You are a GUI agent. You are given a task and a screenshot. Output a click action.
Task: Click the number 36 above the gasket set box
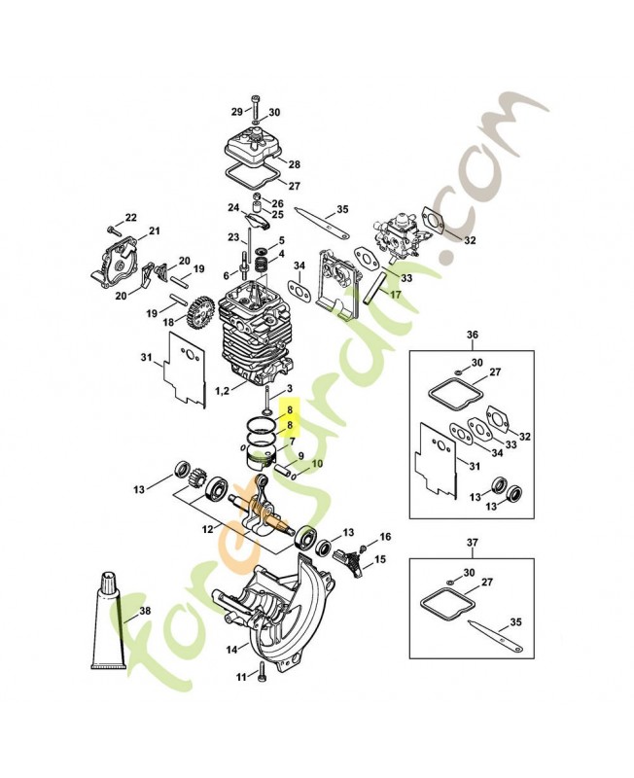[473, 336]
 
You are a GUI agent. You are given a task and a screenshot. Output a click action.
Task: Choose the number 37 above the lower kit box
[473, 543]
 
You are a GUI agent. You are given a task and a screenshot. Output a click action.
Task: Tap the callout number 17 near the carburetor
[396, 294]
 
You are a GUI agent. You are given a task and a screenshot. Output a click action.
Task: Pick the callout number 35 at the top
[341, 209]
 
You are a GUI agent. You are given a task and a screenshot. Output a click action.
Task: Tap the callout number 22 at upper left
[130, 217]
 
